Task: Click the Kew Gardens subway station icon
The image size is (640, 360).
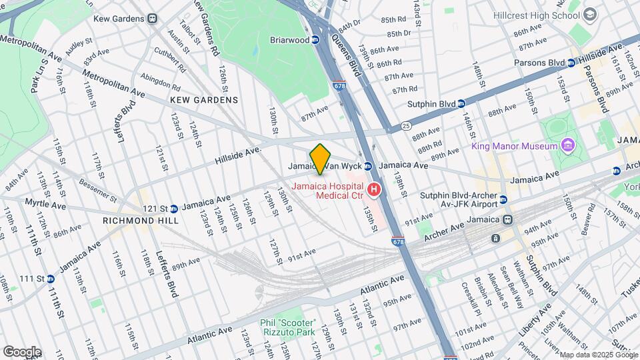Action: coord(153,19)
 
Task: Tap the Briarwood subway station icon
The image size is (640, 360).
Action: coord(315,40)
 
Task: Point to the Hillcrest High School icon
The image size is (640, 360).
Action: coord(589,15)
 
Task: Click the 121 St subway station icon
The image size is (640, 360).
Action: coord(173,209)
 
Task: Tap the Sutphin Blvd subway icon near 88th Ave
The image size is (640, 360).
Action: coord(461,104)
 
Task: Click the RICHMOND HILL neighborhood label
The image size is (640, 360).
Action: coord(132,220)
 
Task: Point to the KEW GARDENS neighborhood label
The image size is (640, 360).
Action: coord(204,100)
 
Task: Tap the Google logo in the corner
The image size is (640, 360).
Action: coord(22,352)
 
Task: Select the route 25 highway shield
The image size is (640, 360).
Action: coord(405,125)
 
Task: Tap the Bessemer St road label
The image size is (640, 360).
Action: coord(98,189)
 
